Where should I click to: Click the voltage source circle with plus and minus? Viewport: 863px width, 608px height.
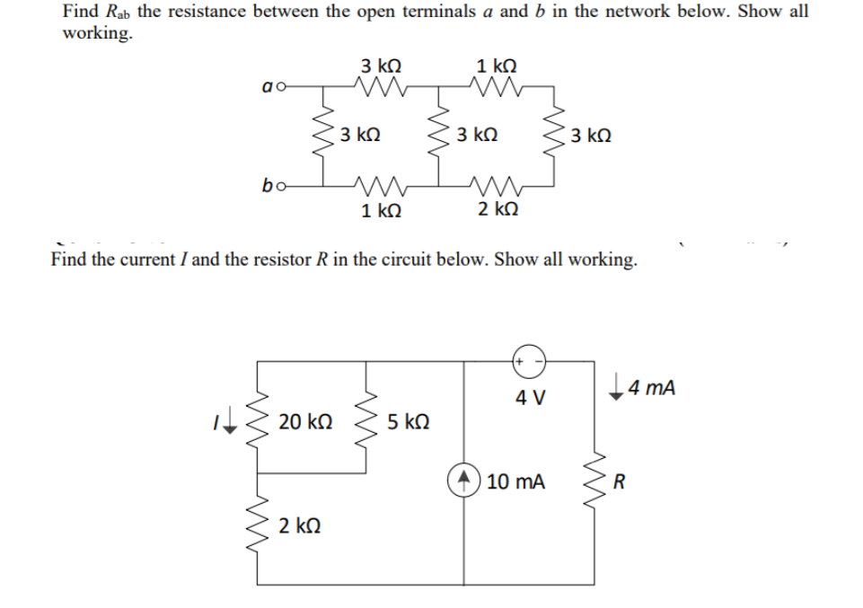click(x=526, y=358)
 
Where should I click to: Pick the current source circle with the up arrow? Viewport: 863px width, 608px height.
click(x=465, y=480)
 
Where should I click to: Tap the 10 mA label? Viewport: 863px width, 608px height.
click(x=515, y=481)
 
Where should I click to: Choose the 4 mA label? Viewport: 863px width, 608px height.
click(x=651, y=389)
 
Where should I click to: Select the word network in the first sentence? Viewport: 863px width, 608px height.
click(x=622, y=13)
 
